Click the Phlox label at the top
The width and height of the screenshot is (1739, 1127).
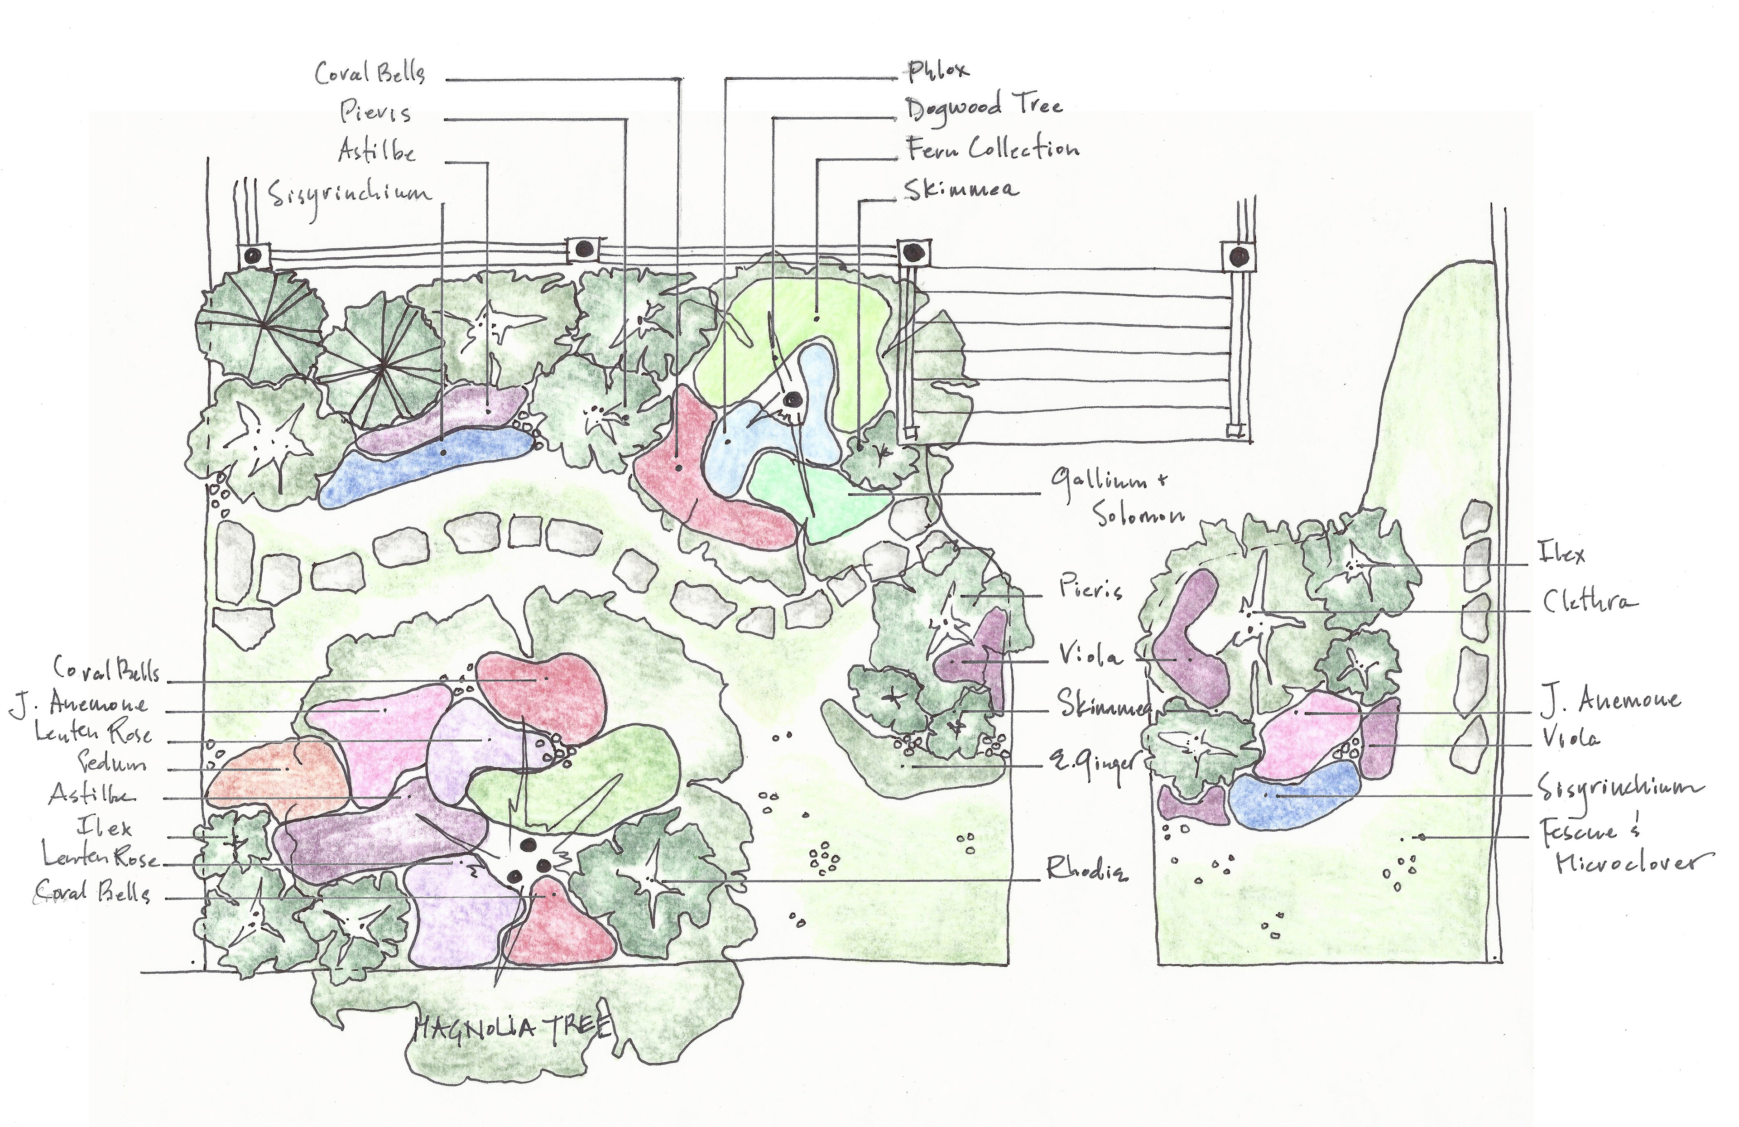point(939,70)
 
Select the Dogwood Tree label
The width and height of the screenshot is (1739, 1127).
point(984,107)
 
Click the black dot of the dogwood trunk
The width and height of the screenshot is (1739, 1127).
point(791,400)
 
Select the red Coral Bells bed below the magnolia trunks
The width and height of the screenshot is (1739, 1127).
point(559,925)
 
